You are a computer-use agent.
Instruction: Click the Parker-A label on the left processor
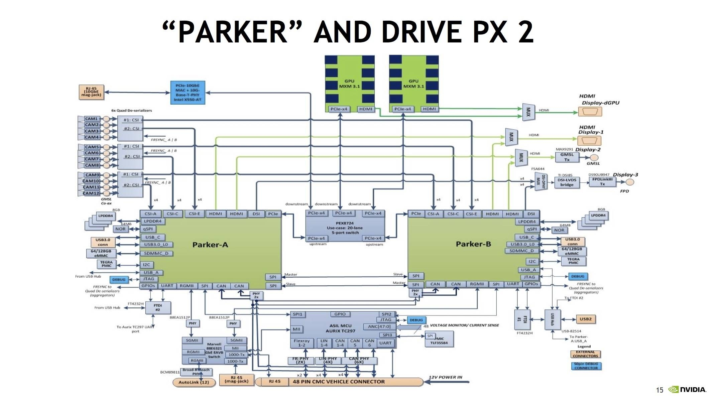tap(210, 245)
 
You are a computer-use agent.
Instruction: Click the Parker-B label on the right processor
tap(473, 244)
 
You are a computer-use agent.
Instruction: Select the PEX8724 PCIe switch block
tap(345, 228)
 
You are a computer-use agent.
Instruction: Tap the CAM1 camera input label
tap(91, 119)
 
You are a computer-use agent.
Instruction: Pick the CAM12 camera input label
tap(91, 193)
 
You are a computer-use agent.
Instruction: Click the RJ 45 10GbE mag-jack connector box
tap(91, 92)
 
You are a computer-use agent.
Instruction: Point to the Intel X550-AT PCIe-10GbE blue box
tap(188, 93)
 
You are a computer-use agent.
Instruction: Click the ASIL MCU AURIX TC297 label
tap(340, 328)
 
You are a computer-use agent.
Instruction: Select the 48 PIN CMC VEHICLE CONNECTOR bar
tap(338, 382)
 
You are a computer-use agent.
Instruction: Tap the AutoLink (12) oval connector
tap(194, 382)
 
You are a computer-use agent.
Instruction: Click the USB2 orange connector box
tap(585, 319)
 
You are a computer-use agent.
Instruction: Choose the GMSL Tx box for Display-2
tap(567, 157)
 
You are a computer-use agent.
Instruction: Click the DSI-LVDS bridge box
tap(567, 182)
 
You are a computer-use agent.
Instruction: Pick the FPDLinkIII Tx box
tap(602, 182)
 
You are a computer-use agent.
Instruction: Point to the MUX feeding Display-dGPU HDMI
tap(528, 112)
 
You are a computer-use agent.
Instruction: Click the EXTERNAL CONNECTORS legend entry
tap(585, 354)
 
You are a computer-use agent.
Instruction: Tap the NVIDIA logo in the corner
tap(687, 390)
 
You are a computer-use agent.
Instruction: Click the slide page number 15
tap(659, 390)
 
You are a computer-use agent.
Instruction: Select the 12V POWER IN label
tap(445, 377)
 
